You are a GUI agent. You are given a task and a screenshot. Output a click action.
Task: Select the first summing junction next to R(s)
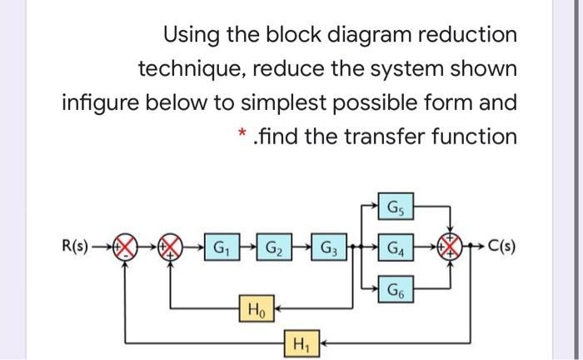(x=127, y=248)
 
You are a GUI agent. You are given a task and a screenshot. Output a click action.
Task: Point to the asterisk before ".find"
(x=241, y=133)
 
